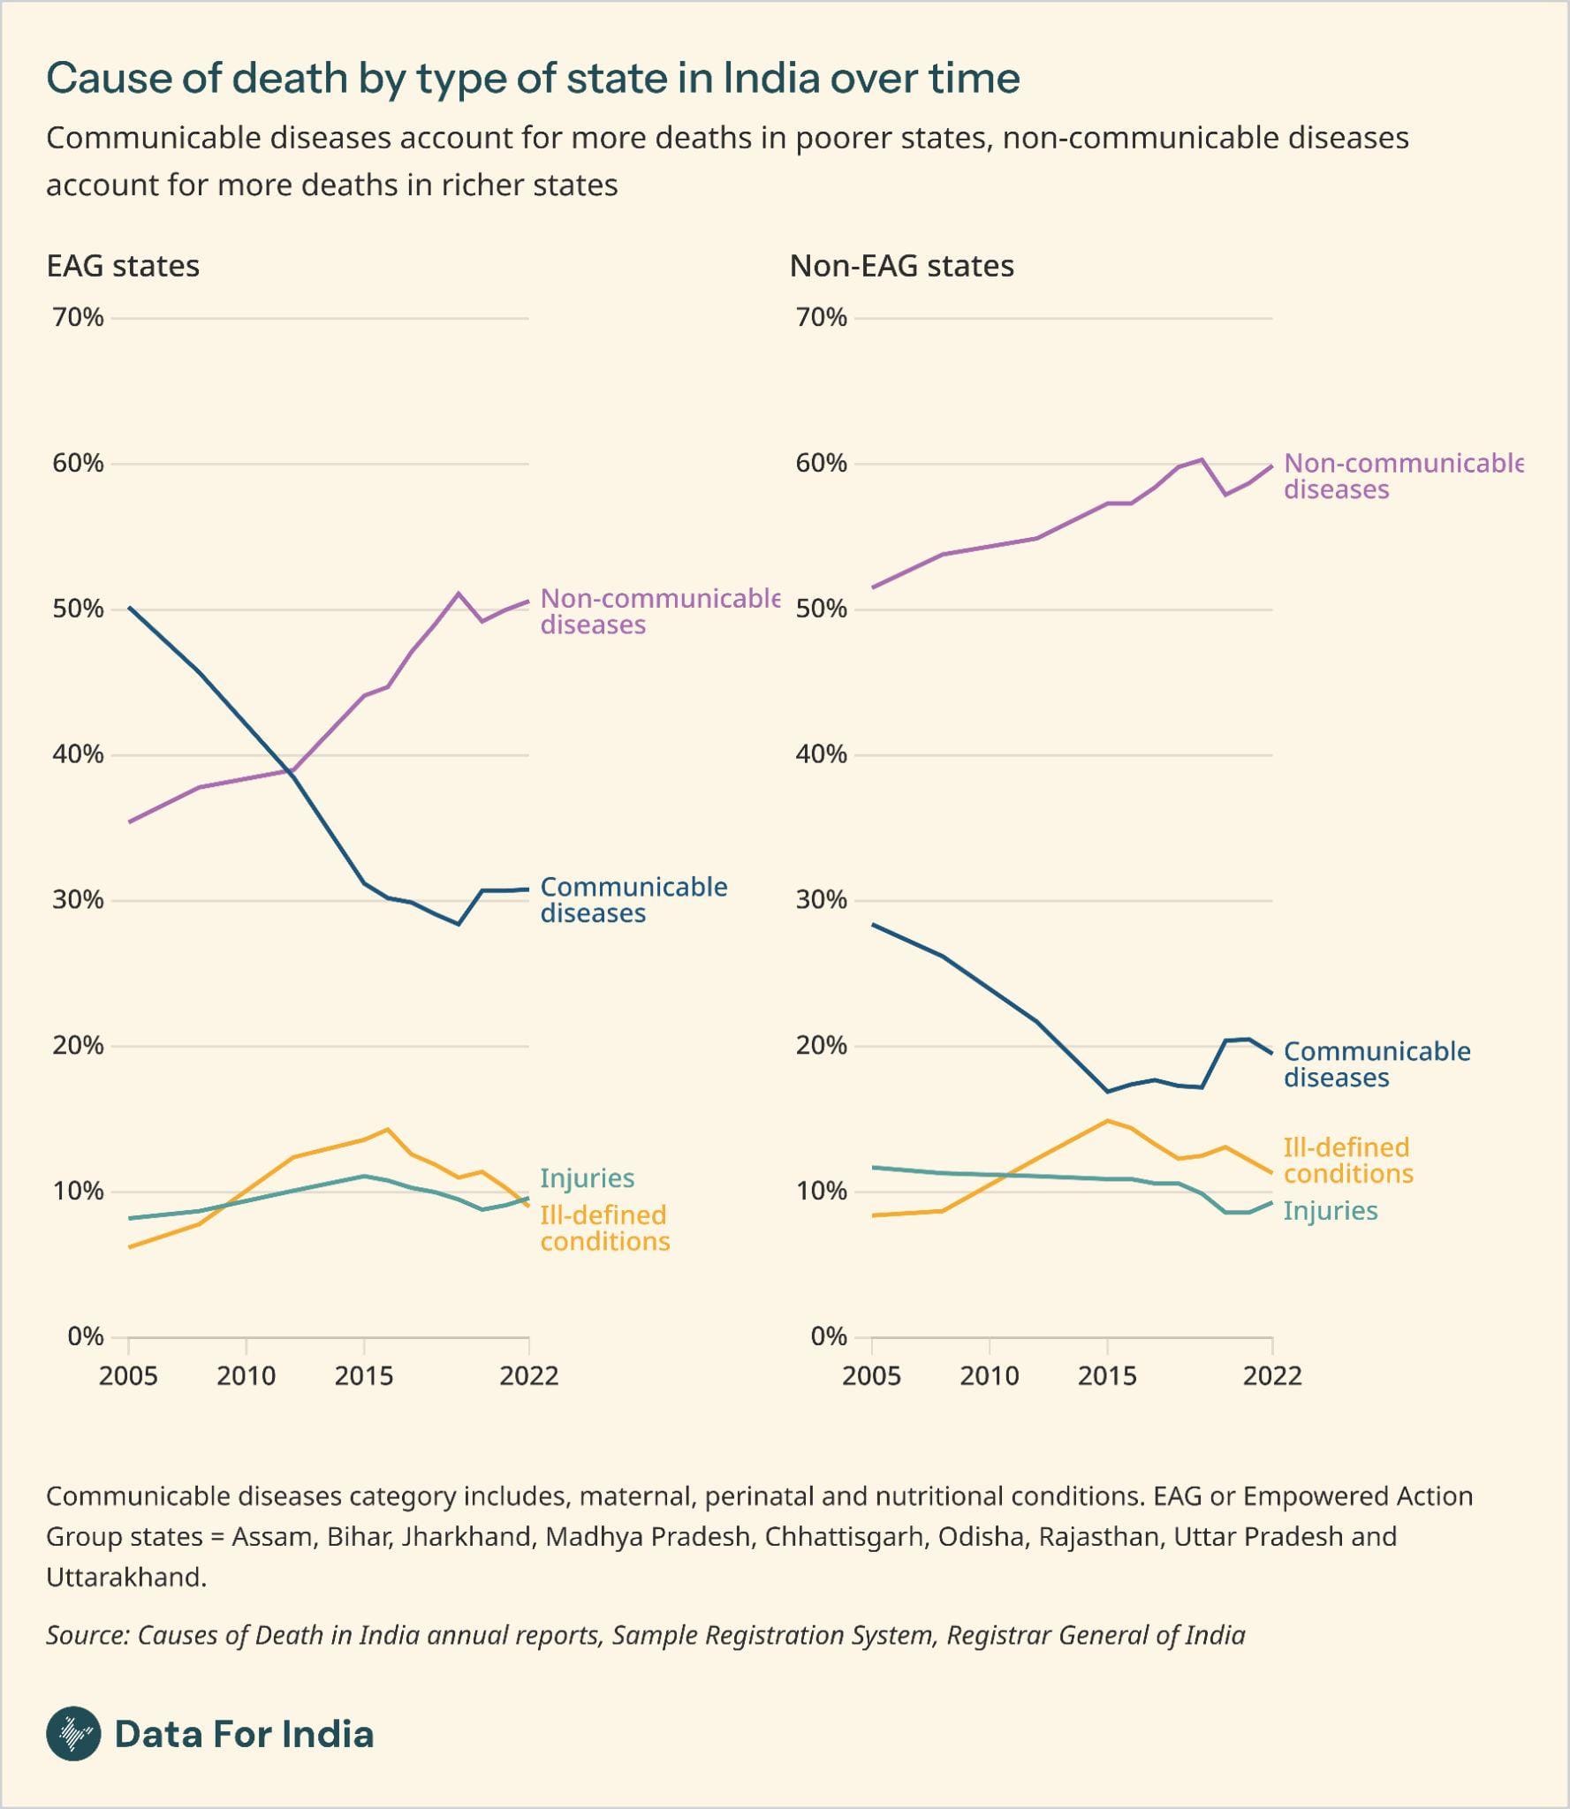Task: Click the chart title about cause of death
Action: pyautogui.click(x=533, y=79)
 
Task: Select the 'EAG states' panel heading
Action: pyautogui.click(x=123, y=266)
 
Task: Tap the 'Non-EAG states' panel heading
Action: pyautogui.click(x=901, y=266)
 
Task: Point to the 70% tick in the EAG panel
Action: pyautogui.click(x=78, y=318)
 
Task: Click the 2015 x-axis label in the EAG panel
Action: pyautogui.click(x=363, y=1376)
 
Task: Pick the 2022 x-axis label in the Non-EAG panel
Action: pyautogui.click(x=1271, y=1376)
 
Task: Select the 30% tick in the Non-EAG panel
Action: pyautogui.click(x=821, y=900)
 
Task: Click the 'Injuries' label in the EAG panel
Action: pyautogui.click(x=587, y=1178)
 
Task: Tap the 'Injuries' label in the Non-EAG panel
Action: pyautogui.click(x=1330, y=1211)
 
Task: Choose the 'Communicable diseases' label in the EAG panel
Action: pyautogui.click(x=633, y=900)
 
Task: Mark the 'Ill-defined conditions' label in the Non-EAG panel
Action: pyautogui.click(x=1347, y=1161)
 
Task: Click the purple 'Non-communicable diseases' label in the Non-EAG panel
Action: pyautogui.click(x=1401, y=476)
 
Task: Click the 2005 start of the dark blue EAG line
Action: pyautogui.click(x=129, y=608)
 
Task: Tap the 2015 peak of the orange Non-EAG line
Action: pyautogui.click(x=1107, y=1121)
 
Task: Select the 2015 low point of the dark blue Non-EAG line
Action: pyautogui.click(x=1107, y=1092)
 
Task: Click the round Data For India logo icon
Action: pyautogui.click(x=73, y=1734)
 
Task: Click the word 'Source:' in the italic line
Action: pyautogui.click(x=87, y=1635)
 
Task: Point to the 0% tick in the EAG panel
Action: pyautogui.click(x=85, y=1336)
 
